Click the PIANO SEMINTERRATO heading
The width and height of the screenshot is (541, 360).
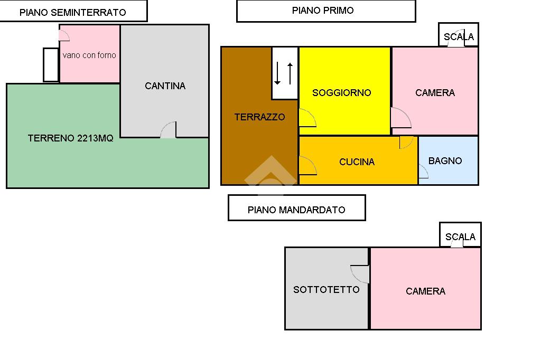tap(73, 12)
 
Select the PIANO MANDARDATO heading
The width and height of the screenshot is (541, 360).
tap(296, 209)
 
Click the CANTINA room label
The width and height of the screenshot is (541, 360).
tap(165, 86)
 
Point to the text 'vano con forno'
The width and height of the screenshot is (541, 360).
tap(89, 55)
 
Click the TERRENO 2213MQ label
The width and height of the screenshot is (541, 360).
tap(70, 138)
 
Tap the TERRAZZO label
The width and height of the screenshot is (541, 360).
tap(259, 117)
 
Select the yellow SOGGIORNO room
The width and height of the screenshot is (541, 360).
tap(341, 92)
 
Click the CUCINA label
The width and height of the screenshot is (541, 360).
tap(357, 162)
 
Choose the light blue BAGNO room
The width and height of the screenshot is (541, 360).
tap(445, 160)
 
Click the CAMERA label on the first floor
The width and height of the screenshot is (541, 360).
tap(435, 92)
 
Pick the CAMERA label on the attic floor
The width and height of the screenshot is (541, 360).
tap(425, 291)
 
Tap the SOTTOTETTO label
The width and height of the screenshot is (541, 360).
tap(326, 289)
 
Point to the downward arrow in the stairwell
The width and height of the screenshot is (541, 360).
tap(277, 73)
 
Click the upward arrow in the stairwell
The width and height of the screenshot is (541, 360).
tap(290, 73)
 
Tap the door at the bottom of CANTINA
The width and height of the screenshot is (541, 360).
tap(169, 130)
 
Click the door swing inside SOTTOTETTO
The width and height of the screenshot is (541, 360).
tap(360, 273)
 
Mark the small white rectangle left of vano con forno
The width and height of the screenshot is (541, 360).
tap(51, 65)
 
